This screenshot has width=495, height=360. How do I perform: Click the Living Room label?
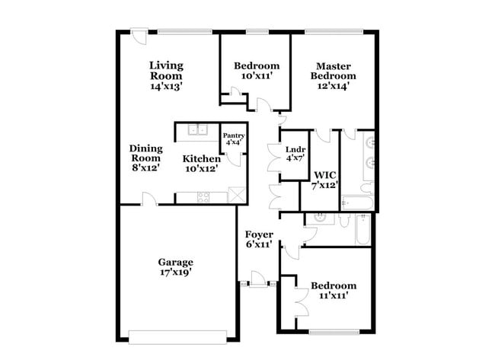click(x=166, y=71)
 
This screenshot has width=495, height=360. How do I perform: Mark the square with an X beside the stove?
click(x=238, y=195)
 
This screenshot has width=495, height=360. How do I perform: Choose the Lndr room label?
click(x=295, y=150)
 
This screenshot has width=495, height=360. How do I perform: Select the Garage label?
click(x=175, y=261)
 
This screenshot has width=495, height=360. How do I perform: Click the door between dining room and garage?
click(x=150, y=199)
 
